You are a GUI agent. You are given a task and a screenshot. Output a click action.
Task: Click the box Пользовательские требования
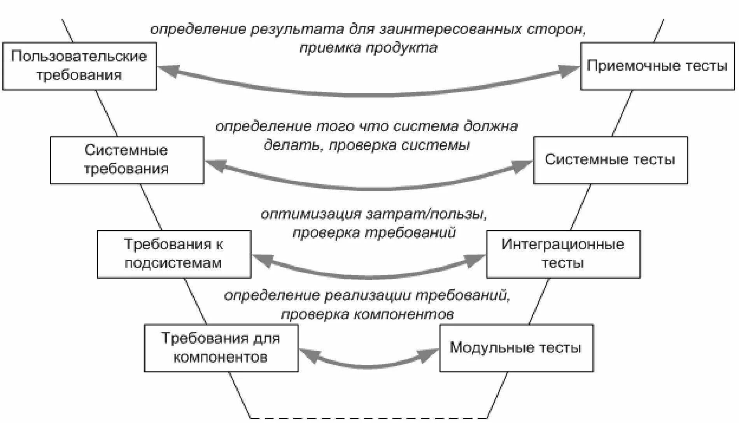coord(79,66)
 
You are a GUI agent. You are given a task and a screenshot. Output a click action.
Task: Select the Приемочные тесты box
coord(657,66)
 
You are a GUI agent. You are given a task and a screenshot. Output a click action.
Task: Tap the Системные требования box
coord(127,160)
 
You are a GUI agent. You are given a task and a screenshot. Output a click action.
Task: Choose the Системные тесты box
coord(610,160)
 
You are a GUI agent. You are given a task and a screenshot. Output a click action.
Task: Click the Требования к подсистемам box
coord(174,254)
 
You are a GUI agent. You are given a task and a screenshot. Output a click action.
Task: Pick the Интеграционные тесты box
coord(563,254)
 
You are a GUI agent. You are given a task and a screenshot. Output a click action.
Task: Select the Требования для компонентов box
coord(221,348)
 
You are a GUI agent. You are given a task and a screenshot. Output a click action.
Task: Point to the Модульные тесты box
coord(516,348)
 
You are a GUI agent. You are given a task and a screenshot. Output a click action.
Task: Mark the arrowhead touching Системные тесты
coord(524,166)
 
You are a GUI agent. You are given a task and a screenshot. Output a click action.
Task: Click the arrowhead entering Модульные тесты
coord(429,354)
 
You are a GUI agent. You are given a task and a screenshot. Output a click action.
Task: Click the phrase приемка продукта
coord(368,48)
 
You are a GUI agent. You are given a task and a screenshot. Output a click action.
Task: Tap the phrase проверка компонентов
coord(368,314)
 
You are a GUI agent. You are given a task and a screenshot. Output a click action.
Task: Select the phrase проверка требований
coord(374,232)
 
